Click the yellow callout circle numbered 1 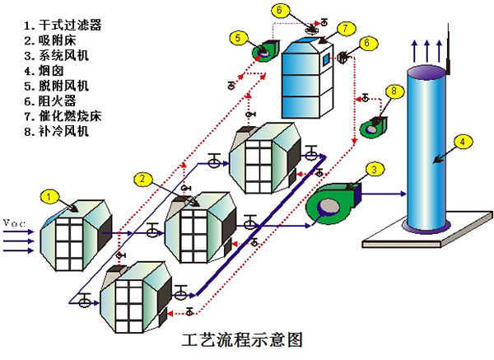50,196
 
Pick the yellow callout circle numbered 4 465,142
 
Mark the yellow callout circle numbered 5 236,37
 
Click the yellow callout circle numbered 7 347,28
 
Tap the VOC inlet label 15,224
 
